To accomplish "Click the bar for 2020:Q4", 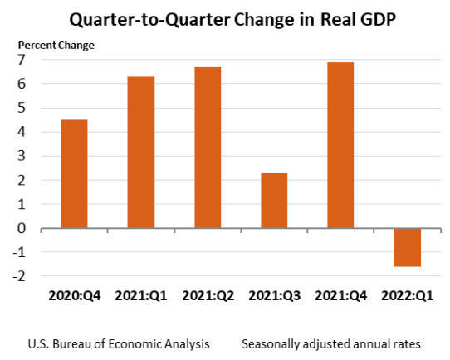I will [x=74, y=173].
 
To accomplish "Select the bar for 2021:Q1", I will [x=140, y=152].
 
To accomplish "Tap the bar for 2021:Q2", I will [x=208, y=147].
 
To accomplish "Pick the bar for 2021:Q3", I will [x=273, y=200].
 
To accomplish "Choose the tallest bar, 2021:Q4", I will [x=340, y=144].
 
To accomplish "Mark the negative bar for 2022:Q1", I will [x=407, y=247].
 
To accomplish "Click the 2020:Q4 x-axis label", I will [x=74, y=294].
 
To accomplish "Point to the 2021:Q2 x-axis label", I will [x=208, y=294].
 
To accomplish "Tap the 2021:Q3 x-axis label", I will [x=274, y=294].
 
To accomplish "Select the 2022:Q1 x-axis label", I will [x=407, y=294].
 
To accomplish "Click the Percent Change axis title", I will [x=56, y=44].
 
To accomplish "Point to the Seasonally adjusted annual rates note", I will [x=333, y=343].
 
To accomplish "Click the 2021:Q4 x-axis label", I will [x=340, y=294].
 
